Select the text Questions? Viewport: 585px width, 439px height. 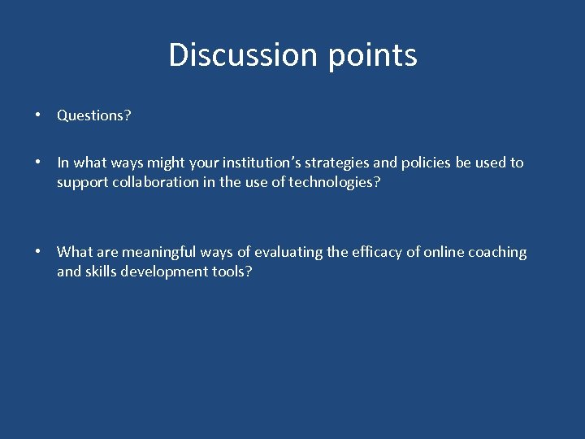point(94,115)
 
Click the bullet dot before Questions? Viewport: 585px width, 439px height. point(38,115)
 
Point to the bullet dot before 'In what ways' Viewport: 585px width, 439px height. point(38,163)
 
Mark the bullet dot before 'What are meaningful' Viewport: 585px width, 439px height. point(38,252)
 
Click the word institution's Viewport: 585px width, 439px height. point(262,163)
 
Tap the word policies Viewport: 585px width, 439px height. point(426,163)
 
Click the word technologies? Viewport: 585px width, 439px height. point(335,182)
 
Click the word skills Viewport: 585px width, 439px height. point(102,272)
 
